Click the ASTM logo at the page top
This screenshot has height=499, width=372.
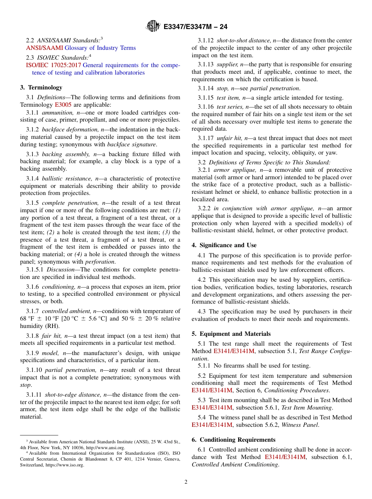point(153,26)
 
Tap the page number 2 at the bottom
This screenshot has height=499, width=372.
point(186,482)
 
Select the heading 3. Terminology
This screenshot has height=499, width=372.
point(41,87)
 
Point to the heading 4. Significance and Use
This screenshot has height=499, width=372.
point(224,245)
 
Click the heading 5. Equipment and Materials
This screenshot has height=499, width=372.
point(231,334)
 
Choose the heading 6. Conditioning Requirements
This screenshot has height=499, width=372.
point(233,439)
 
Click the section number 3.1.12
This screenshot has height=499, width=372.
point(206,40)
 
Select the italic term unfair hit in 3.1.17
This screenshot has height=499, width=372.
point(229,138)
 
